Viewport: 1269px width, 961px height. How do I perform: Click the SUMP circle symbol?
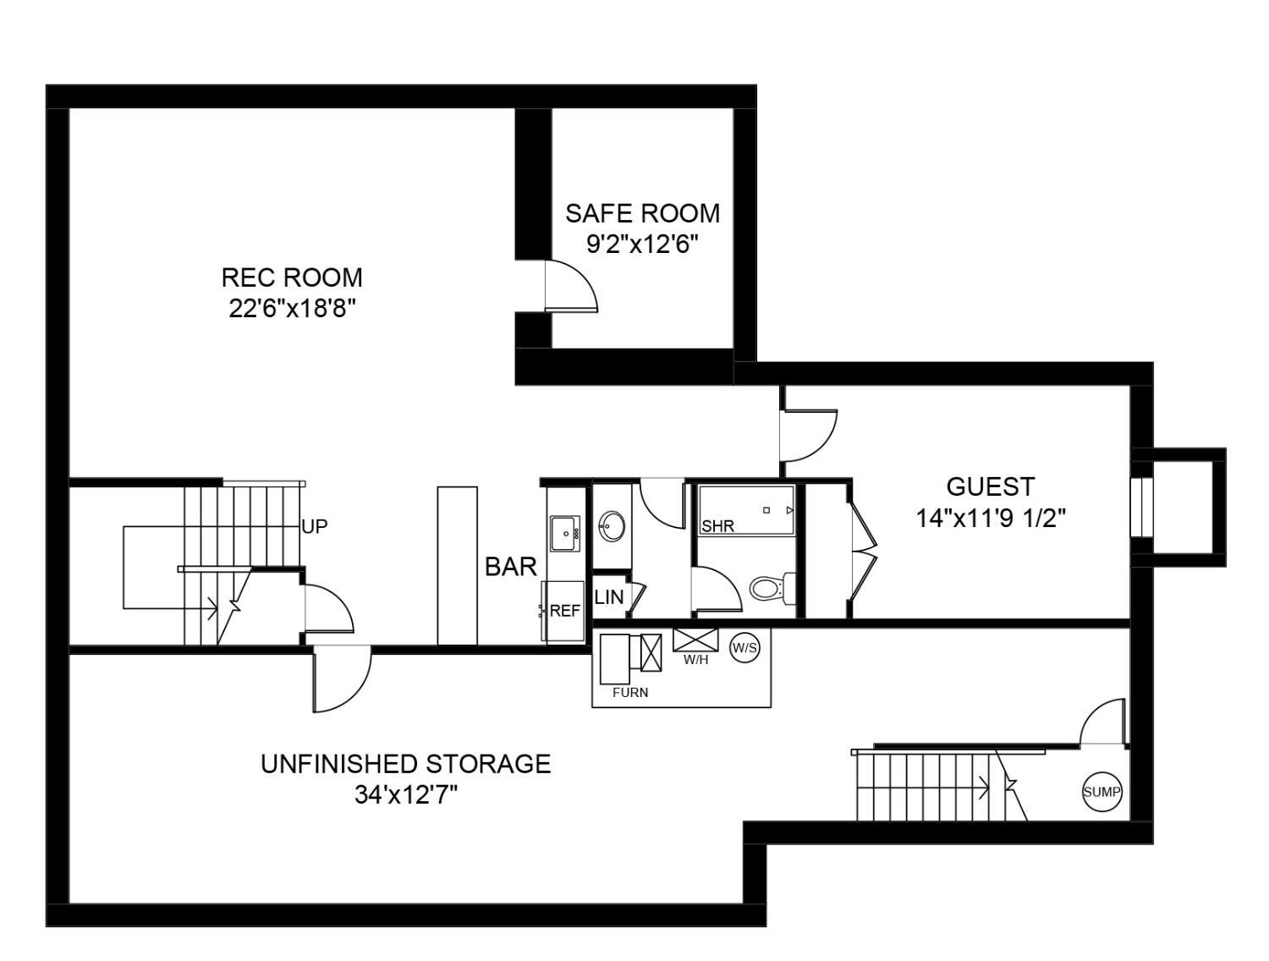coord(1102,793)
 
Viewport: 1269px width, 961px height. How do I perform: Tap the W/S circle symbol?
coord(744,648)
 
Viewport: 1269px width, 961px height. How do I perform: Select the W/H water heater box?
coord(695,640)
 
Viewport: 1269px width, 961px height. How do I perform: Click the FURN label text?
coord(630,693)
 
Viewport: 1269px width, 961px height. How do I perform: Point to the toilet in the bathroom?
coord(771,587)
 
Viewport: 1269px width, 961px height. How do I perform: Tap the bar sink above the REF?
coord(564,534)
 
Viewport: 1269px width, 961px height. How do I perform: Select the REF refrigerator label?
coord(565,611)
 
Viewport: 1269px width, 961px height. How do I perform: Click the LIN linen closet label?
coord(609,597)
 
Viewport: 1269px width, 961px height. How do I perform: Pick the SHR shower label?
coord(718,526)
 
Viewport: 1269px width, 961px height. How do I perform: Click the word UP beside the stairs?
coord(314,526)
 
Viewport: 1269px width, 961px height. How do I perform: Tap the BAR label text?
coord(511,568)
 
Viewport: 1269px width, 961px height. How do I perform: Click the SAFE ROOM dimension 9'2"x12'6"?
coord(642,244)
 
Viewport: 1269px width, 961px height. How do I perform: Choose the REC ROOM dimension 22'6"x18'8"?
coord(291,309)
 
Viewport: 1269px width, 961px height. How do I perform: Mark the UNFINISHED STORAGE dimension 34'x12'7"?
coord(406,795)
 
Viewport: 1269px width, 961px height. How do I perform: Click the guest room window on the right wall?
coord(1141,508)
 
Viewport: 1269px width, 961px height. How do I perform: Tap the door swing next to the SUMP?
coord(1105,723)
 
